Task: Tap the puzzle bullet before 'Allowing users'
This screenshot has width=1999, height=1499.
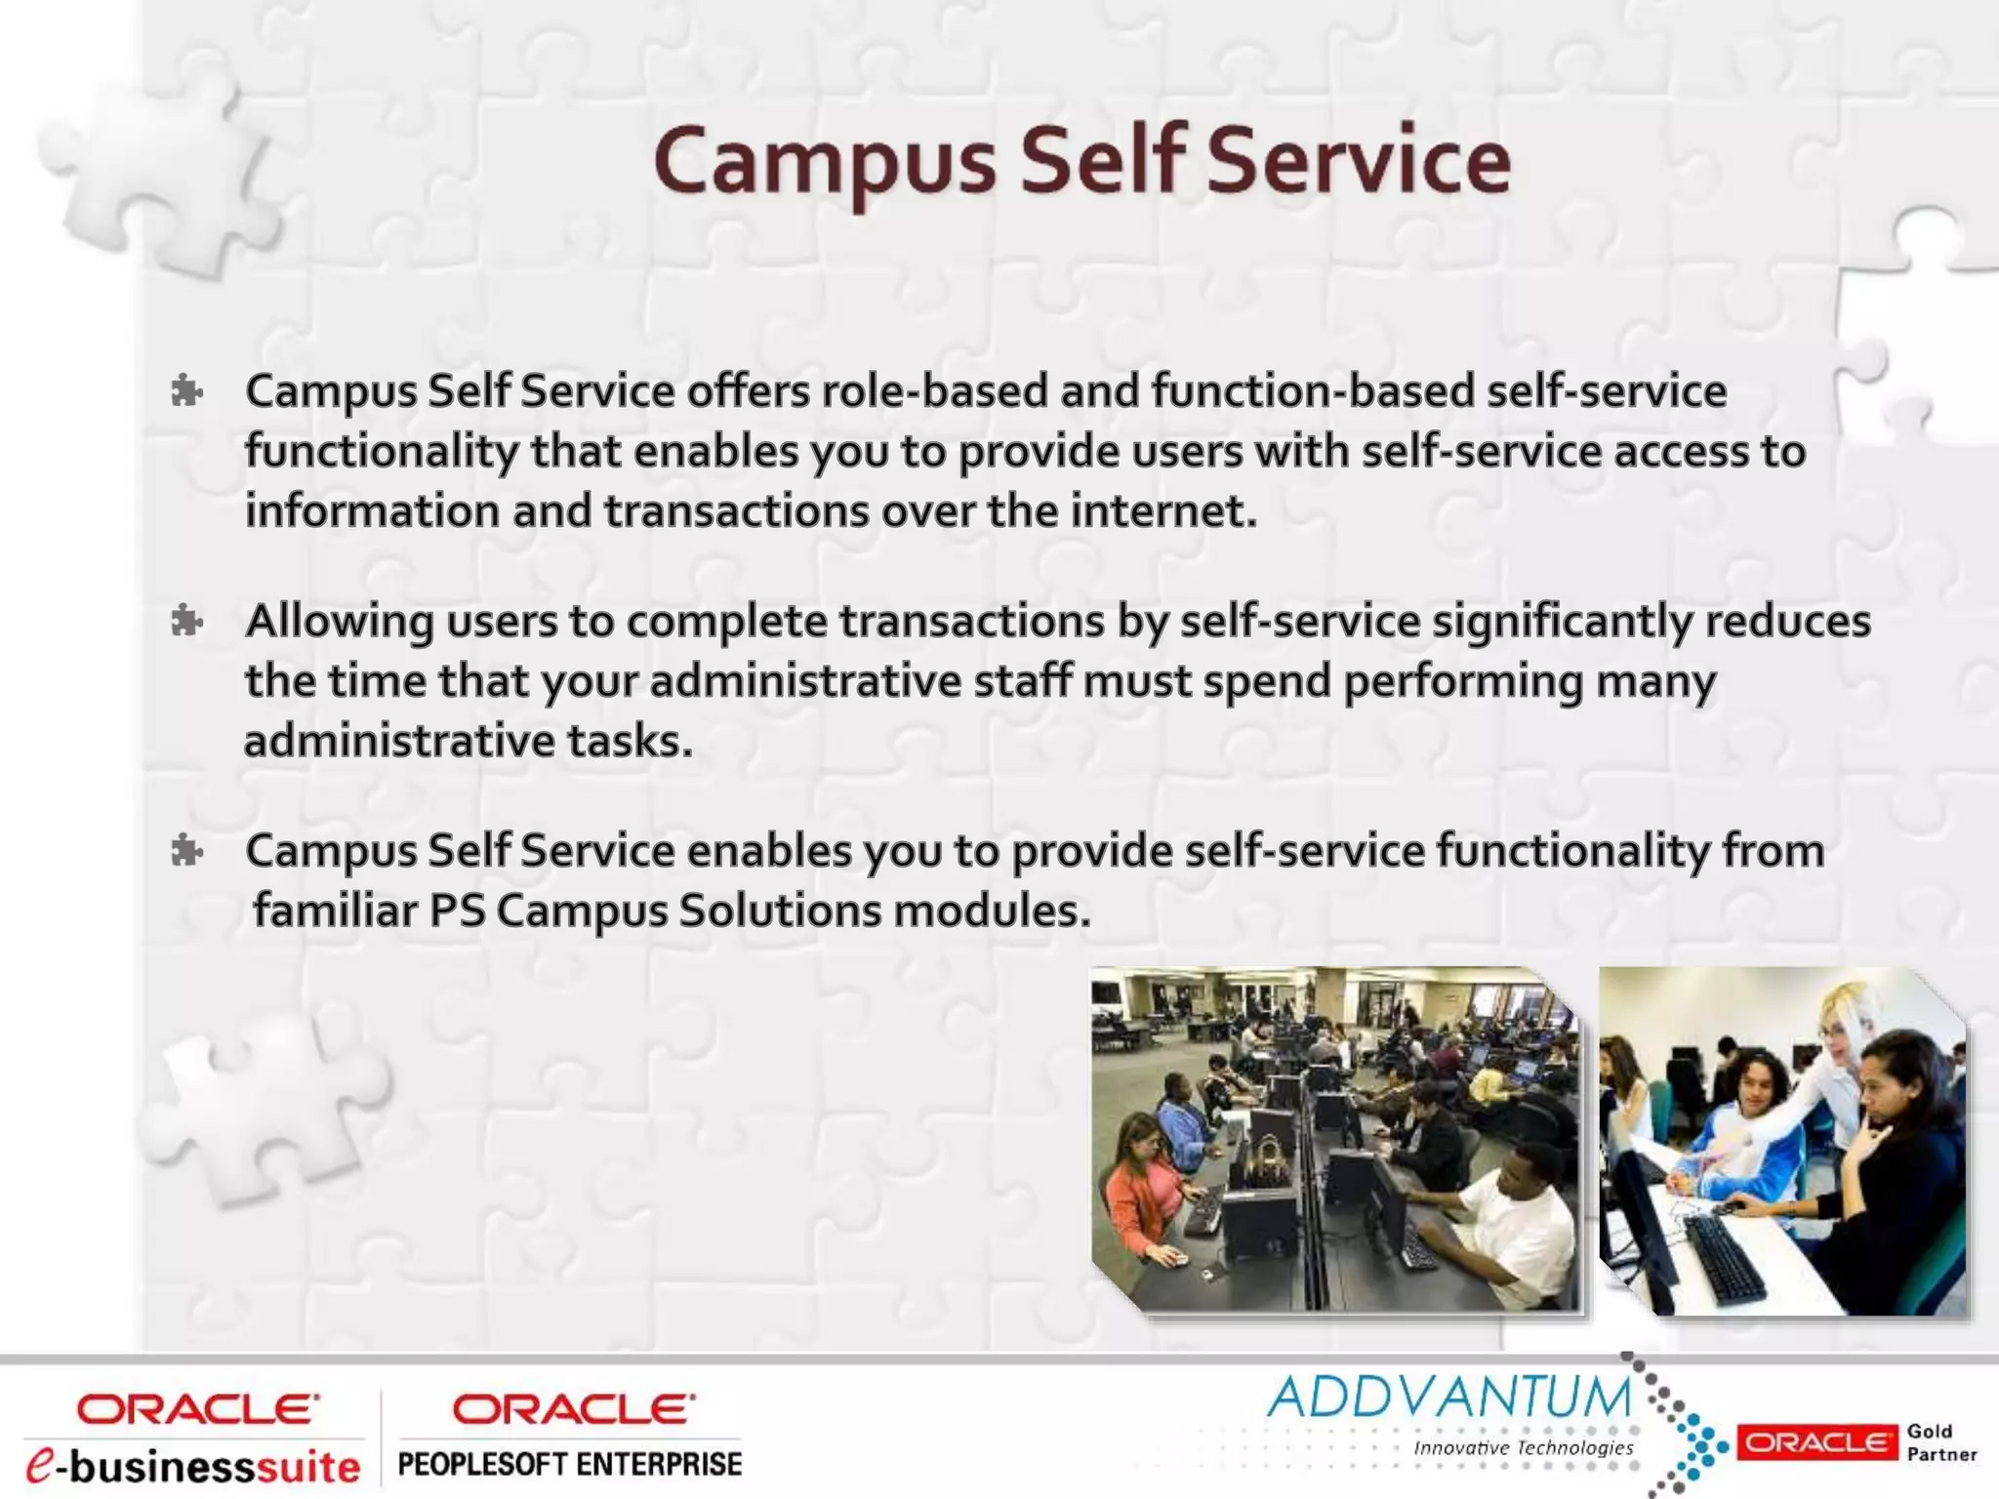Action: tap(185, 622)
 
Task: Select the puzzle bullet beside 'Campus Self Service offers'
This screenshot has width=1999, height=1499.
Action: tap(185, 392)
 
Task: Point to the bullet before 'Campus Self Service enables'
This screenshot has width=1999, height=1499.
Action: tap(185, 852)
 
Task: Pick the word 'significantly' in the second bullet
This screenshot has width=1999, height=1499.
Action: tap(1562, 623)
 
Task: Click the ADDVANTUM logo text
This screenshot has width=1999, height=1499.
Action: tap(1448, 1398)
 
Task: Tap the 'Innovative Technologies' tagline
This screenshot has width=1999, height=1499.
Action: tap(1523, 1448)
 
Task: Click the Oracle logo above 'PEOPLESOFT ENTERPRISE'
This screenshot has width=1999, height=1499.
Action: tap(573, 1409)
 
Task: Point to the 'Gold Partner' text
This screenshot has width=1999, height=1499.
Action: tap(1940, 1442)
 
